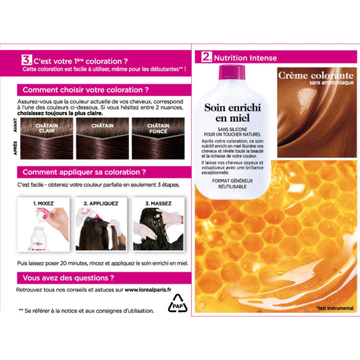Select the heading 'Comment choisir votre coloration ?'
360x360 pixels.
pos(86,89)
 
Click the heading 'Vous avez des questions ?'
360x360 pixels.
pos(68,277)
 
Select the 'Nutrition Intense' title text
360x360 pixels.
pos(243,57)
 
